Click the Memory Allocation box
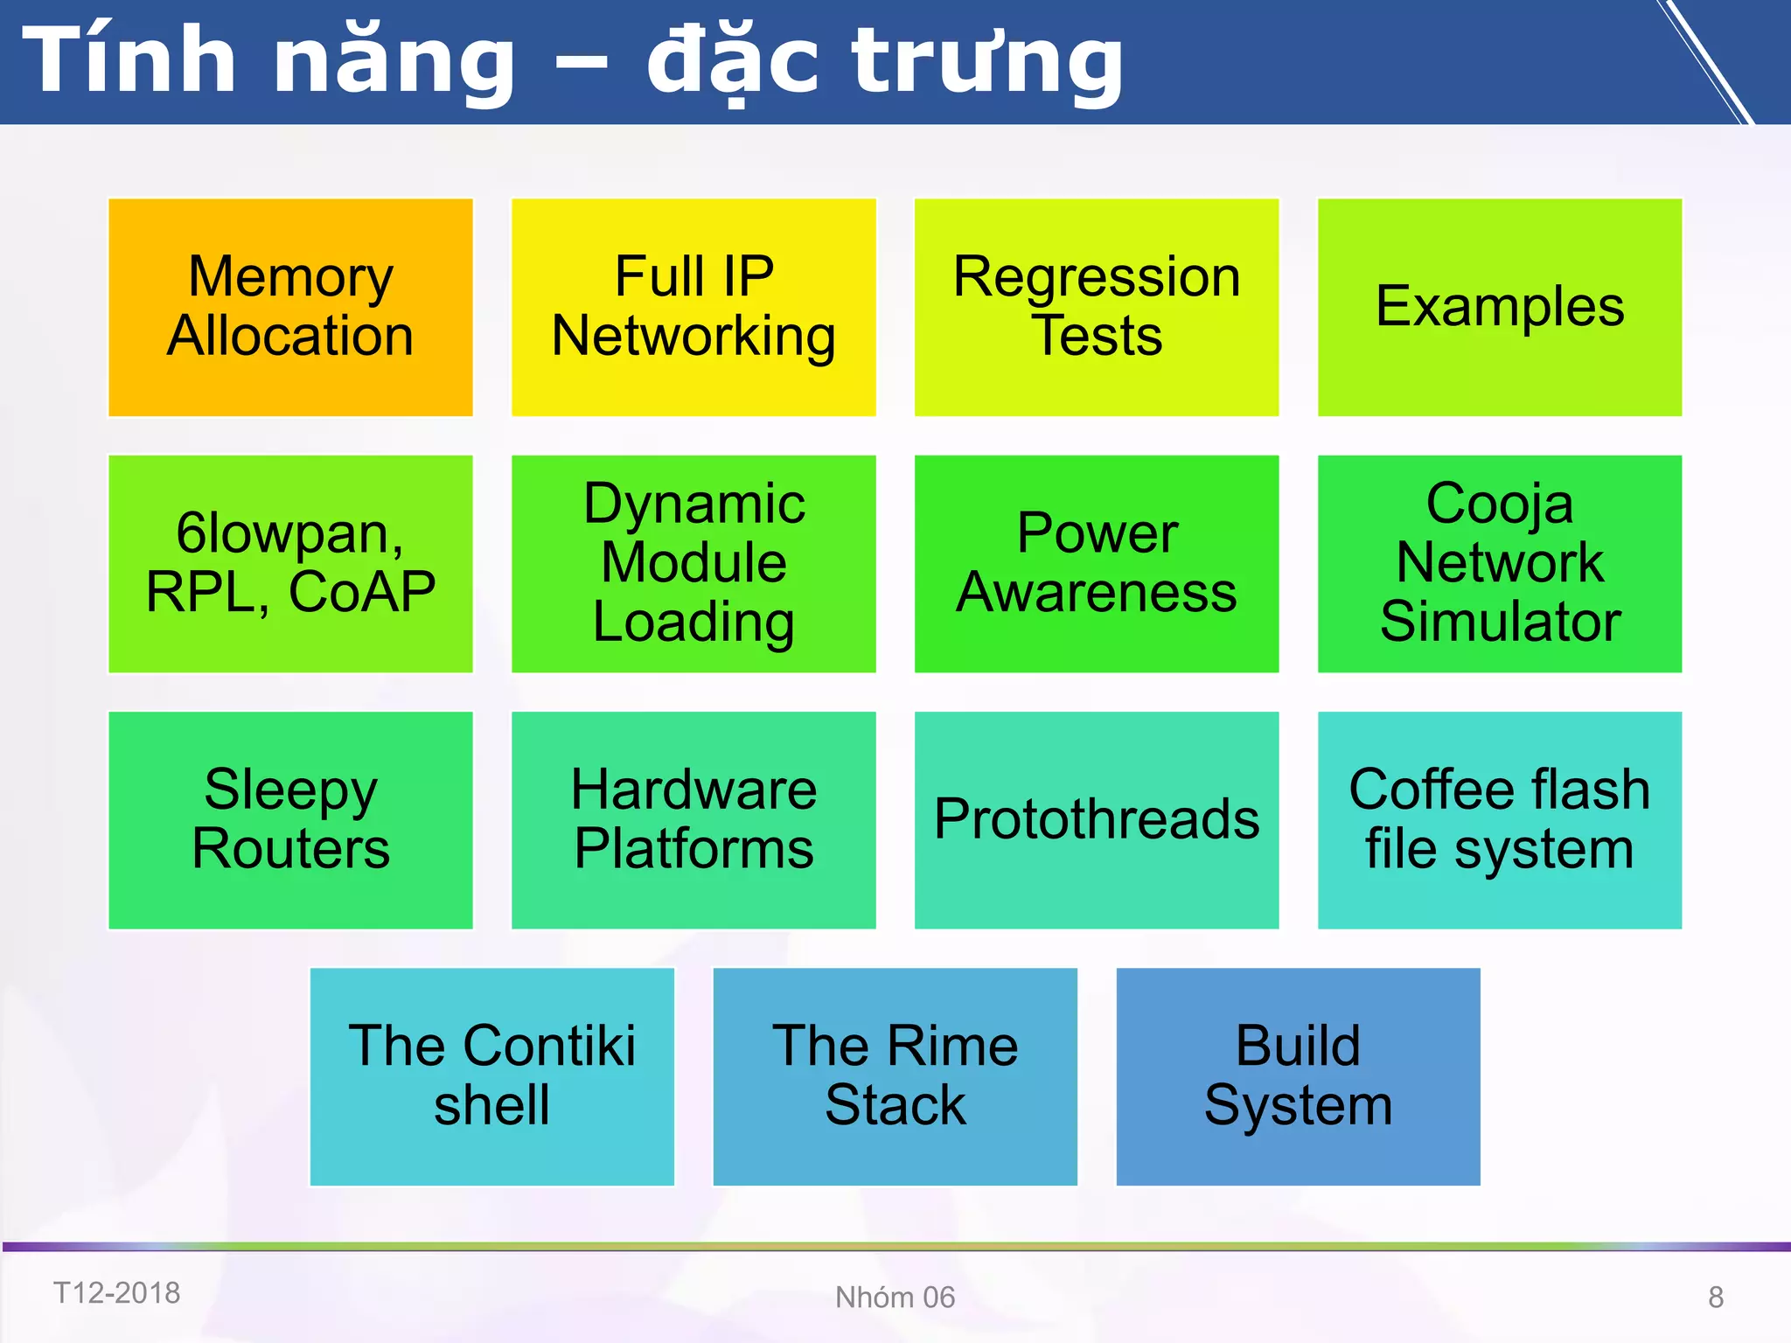tap(290, 307)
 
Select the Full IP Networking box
tap(693, 307)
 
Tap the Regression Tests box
tap(1097, 307)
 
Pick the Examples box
tap(1500, 307)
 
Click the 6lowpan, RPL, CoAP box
tap(290, 564)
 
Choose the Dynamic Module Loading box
tap(693, 564)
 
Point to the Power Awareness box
tap(1097, 564)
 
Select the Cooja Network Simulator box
tap(1500, 564)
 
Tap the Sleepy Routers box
tap(290, 820)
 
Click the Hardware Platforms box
tap(693, 820)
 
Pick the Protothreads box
tap(1097, 820)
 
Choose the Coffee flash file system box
tap(1500, 820)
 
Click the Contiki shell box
tap(492, 1076)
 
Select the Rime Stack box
tap(895, 1076)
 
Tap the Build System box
tap(1299, 1076)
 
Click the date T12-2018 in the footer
tap(117, 1293)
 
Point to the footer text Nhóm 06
tap(895, 1298)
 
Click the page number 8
tap(1716, 1298)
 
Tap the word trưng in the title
tap(988, 61)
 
